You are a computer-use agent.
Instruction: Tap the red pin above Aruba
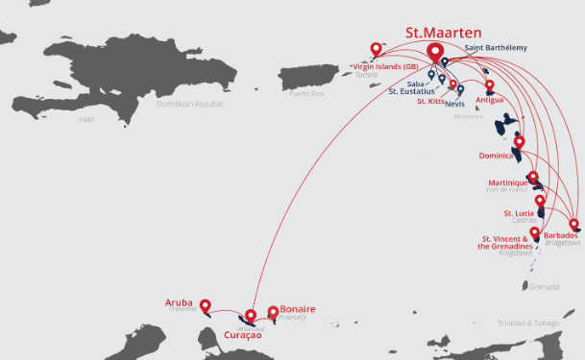205,306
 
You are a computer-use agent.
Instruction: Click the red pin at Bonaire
274,312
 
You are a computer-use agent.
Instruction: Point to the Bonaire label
297,309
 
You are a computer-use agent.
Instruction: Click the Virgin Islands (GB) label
385,66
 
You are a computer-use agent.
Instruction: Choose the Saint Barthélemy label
496,47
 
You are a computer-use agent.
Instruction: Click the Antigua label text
489,100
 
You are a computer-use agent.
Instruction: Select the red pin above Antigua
489,85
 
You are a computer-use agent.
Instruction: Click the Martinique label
508,182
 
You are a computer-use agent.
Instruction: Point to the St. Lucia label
520,213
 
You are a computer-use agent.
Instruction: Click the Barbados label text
561,235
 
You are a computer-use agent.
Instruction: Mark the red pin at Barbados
573,225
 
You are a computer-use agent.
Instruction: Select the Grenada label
544,286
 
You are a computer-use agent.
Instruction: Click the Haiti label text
87,119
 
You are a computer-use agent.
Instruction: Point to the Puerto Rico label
307,93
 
